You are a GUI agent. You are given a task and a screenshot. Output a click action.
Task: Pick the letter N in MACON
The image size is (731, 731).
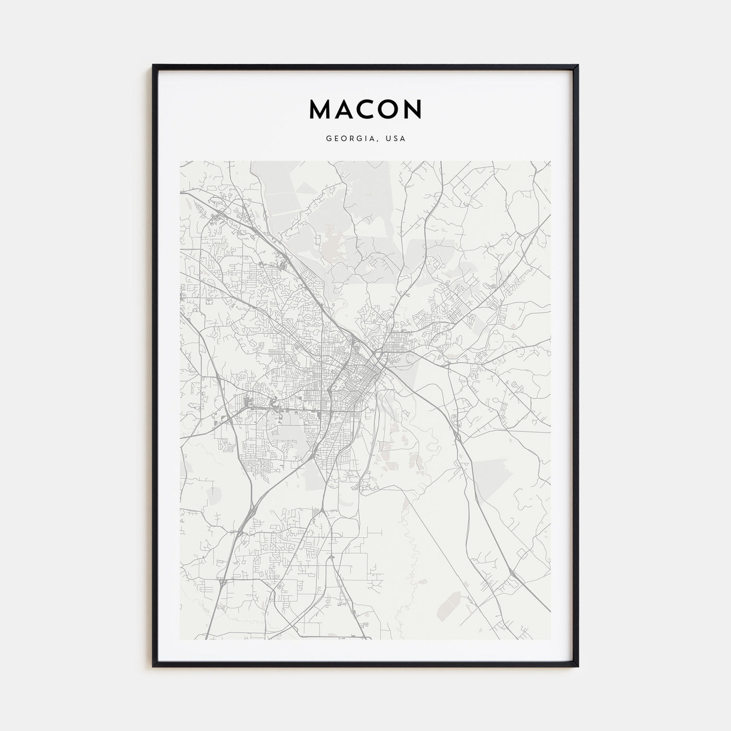click(412, 109)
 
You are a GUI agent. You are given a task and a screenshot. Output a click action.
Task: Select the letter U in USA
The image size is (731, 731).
click(389, 139)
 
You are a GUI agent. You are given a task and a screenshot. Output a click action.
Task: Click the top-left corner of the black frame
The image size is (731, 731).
click(154, 65)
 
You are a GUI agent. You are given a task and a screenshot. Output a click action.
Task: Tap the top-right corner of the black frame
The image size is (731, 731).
click(577, 65)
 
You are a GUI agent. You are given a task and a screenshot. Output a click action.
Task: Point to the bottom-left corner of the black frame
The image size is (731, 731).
click(154, 667)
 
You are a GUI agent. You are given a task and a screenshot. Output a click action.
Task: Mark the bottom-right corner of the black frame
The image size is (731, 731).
click(577, 667)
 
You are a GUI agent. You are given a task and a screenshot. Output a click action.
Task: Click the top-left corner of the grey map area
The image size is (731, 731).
click(180, 161)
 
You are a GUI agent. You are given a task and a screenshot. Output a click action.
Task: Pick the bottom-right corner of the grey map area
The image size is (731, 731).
click(550, 639)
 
